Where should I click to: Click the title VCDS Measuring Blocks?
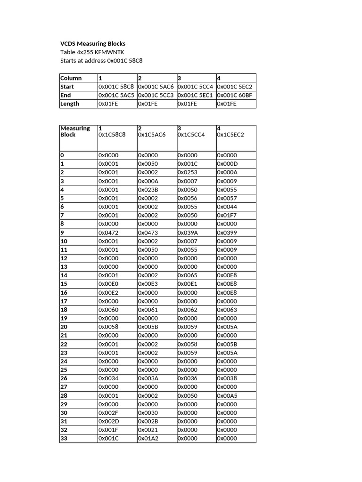point(93,44)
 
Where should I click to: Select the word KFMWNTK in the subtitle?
point(111,52)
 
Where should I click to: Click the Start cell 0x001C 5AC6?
point(156,87)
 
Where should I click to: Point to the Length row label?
point(70,104)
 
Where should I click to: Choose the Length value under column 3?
point(187,104)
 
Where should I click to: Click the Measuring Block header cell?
point(75,131)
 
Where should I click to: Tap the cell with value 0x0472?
point(108,233)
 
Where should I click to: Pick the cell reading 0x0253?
point(188,172)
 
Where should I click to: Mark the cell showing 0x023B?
point(148,190)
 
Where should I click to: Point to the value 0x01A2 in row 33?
point(148,438)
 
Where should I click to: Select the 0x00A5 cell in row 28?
point(227,395)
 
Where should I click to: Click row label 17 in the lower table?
point(64,301)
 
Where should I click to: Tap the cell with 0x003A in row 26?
point(148,378)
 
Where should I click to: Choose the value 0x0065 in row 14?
point(188,275)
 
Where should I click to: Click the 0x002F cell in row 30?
point(108,413)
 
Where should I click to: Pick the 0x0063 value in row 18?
point(227,310)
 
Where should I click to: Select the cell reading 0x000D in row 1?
point(227,164)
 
